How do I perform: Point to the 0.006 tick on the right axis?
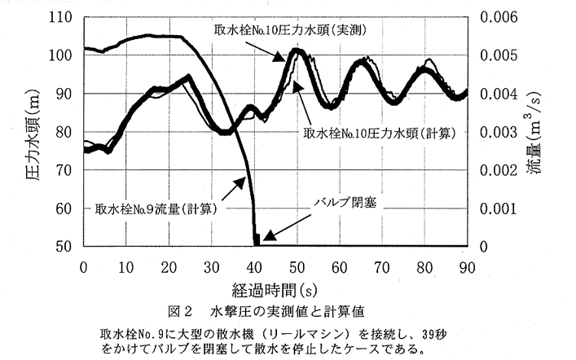click(499, 17)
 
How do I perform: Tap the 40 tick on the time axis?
click(255, 266)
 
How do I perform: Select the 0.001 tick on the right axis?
click(499, 208)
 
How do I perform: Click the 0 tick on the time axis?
click(84, 266)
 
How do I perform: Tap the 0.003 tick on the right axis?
click(499, 131)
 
